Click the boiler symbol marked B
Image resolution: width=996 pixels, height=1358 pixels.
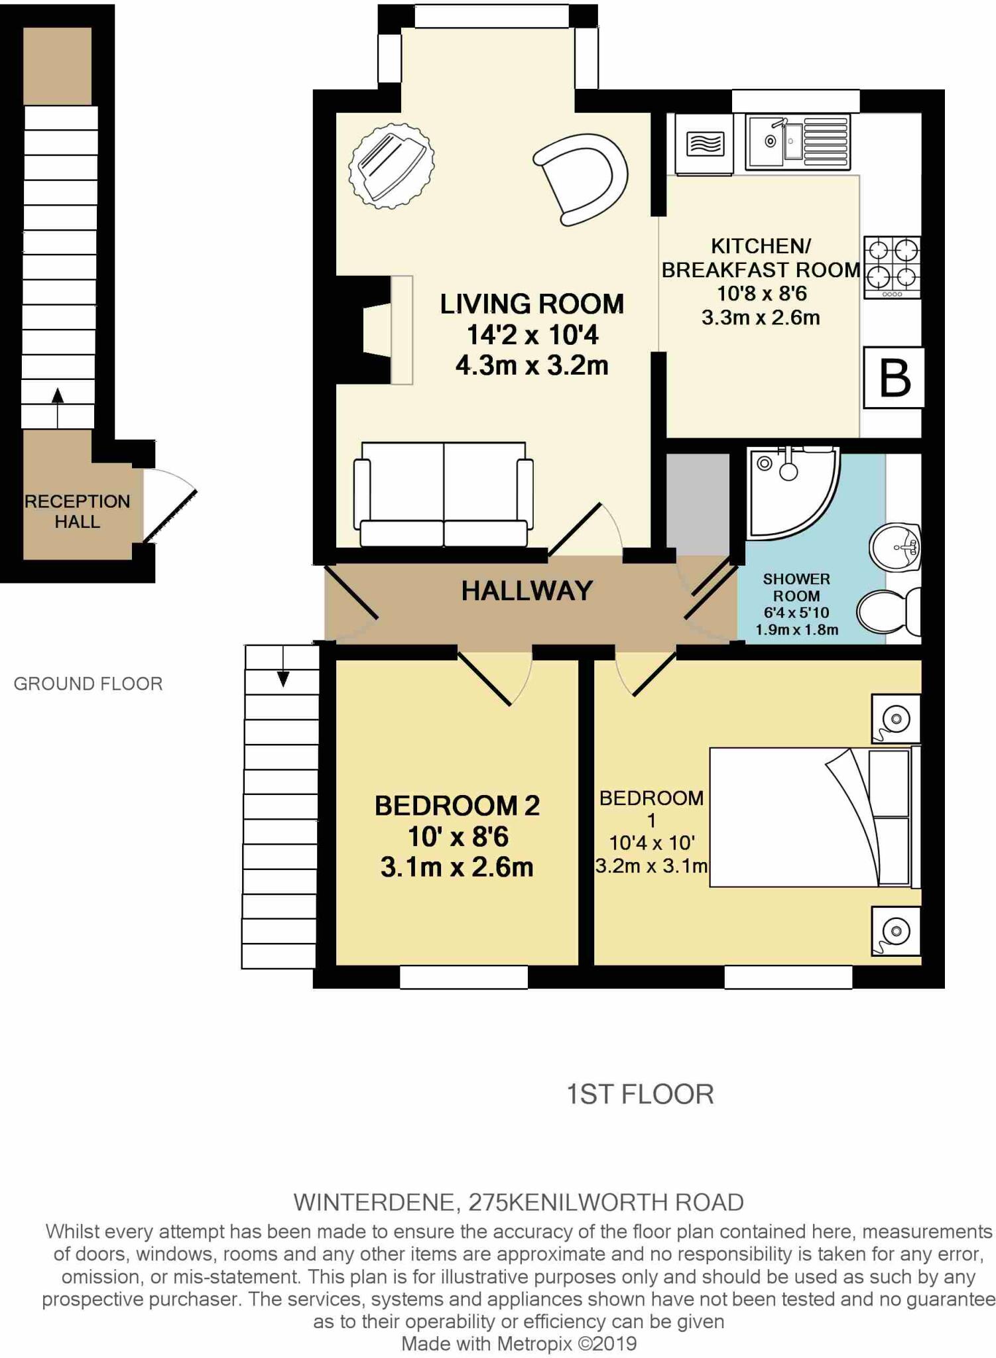(x=893, y=378)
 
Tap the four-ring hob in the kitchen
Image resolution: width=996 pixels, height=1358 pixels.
(x=892, y=267)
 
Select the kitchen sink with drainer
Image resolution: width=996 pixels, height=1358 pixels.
(x=796, y=141)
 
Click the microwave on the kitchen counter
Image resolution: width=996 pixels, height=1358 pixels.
(x=704, y=144)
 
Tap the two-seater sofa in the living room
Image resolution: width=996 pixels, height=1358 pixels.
(x=444, y=494)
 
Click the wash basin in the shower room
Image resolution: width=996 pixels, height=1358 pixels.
(x=895, y=548)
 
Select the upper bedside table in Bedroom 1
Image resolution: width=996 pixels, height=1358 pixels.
(x=895, y=719)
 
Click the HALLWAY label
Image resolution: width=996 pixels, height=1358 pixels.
(x=527, y=591)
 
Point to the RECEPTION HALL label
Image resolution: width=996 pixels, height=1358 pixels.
(x=77, y=511)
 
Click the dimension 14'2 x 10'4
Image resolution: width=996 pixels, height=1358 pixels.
(x=532, y=335)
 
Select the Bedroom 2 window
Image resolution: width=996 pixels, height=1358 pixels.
(x=464, y=977)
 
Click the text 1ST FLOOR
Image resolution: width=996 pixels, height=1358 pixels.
(x=639, y=1095)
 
